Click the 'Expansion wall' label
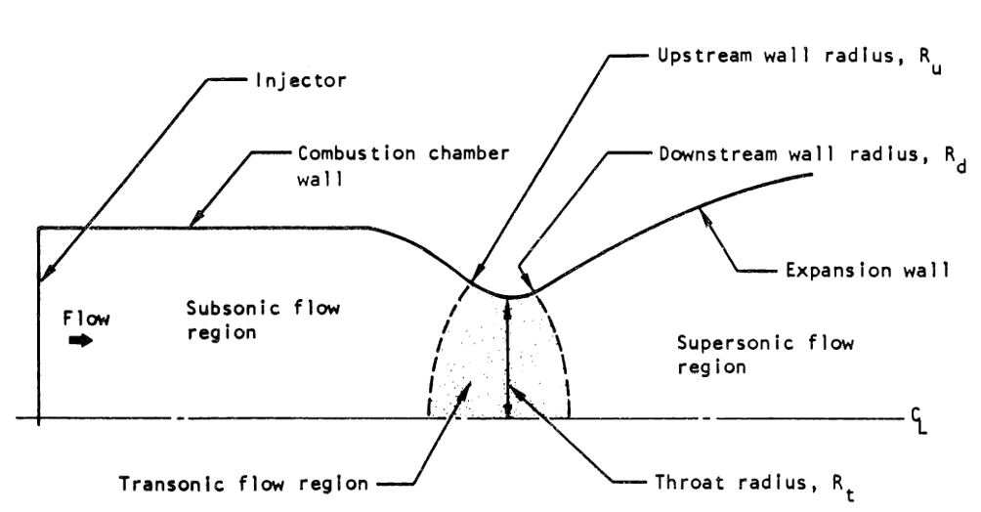[864, 271]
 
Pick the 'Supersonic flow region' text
[765, 356]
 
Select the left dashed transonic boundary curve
[437, 352]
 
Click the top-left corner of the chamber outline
[38, 229]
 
